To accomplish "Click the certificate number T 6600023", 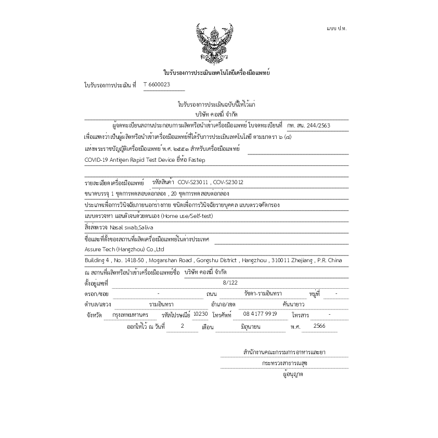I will (157, 85).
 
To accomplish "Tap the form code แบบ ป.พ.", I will (337, 28).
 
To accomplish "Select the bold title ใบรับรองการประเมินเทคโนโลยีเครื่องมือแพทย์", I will (216, 73).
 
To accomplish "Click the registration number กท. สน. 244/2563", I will (308, 125).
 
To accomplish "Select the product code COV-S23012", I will (228, 183).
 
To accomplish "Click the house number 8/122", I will (229, 282).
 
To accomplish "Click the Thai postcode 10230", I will (200, 314).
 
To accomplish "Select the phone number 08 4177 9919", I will (260, 314).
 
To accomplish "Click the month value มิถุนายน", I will (250, 326).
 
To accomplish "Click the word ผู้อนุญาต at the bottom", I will (293, 374).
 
